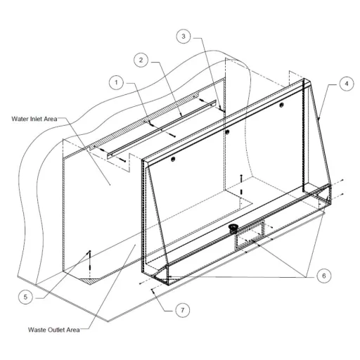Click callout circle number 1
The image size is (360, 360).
[x=116, y=82]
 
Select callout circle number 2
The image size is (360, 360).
[x=141, y=60]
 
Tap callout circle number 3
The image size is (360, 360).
[x=184, y=37]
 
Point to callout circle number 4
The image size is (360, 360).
[x=347, y=84]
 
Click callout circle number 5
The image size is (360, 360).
[x=25, y=297]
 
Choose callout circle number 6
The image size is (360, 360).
[x=324, y=276]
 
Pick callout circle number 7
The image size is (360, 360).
[x=183, y=310]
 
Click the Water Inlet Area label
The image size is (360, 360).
[x=34, y=119]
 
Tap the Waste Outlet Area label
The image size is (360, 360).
[x=54, y=330]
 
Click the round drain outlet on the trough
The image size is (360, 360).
[x=233, y=228]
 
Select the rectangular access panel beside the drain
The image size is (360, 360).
[x=250, y=233]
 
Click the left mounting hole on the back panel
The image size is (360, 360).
[x=173, y=160]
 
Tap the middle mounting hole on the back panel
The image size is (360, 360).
[x=227, y=132]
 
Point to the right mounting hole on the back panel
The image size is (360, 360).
[x=282, y=105]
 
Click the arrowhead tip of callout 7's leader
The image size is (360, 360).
[x=152, y=289]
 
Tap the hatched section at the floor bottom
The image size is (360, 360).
[x=91, y=281]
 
